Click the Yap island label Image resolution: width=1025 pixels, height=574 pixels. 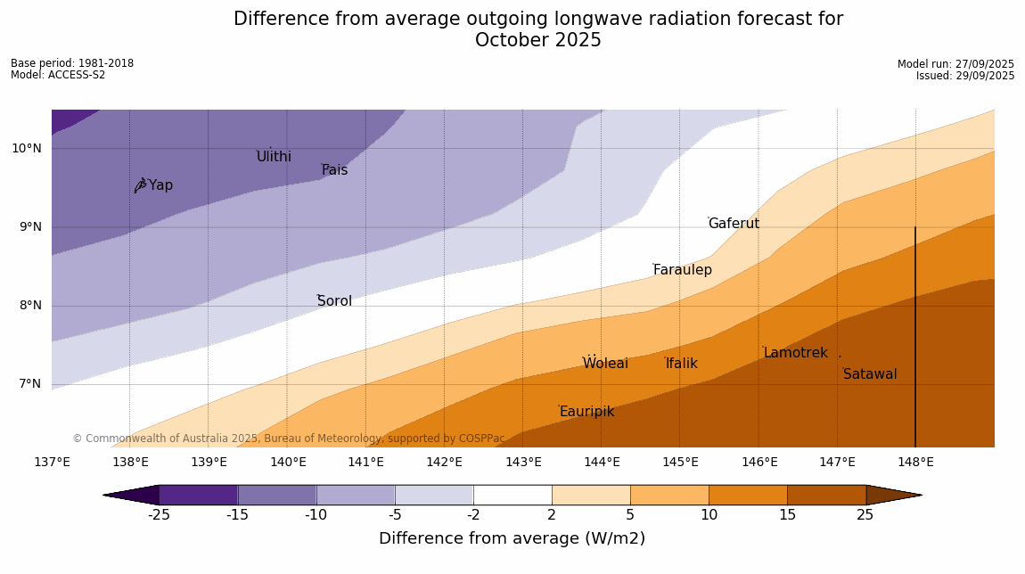click(160, 185)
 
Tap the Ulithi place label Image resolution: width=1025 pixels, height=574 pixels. click(274, 157)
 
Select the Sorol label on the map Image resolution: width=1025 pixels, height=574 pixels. click(334, 301)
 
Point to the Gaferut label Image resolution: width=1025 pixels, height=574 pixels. click(734, 224)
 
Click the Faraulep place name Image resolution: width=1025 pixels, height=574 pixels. click(682, 270)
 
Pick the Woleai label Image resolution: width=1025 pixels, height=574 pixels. click(605, 364)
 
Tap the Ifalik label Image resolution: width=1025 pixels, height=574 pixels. click(681, 364)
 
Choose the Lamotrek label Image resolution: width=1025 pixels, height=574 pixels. click(795, 353)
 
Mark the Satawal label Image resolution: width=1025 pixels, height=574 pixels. click(870, 374)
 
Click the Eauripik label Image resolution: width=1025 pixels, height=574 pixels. click(586, 412)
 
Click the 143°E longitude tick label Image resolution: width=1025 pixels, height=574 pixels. click(523, 462)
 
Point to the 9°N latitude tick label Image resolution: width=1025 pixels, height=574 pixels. click(27, 227)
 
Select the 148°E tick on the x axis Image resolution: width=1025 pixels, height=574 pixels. click(915, 462)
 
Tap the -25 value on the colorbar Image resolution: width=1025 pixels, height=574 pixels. click(159, 515)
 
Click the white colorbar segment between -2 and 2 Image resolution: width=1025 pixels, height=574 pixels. click(512, 495)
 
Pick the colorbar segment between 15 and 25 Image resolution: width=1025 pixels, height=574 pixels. click(826, 495)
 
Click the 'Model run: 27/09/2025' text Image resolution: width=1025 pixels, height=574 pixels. click(955, 64)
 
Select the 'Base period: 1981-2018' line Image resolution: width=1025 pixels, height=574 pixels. click(72, 63)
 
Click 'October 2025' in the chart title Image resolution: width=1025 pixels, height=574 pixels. click(537, 41)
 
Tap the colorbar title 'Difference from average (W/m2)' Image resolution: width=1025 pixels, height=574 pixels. click(512, 538)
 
